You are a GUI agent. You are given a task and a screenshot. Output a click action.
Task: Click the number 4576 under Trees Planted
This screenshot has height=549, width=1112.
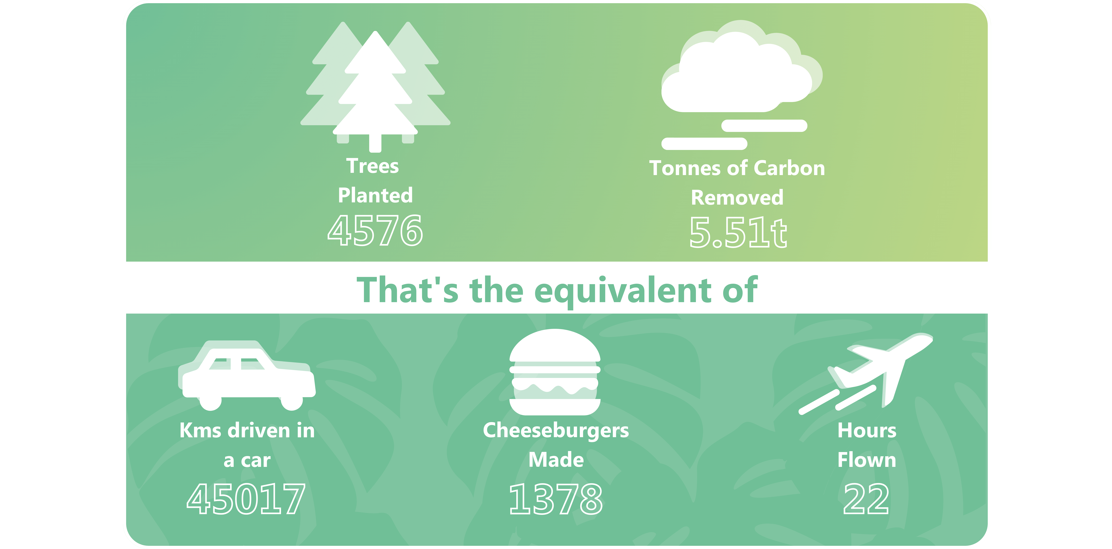(x=375, y=230)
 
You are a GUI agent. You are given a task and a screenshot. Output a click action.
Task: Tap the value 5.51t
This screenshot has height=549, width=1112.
(x=738, y=233)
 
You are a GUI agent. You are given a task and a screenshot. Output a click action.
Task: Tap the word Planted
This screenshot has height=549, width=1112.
(x=375, y=196)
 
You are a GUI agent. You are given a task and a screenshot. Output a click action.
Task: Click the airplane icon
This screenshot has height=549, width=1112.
(x=865, y=373)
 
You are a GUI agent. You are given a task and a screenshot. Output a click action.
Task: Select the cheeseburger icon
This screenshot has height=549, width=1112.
(x=555, y=372)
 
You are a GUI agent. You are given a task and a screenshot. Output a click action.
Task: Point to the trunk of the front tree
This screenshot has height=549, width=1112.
(x=375, y=142)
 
